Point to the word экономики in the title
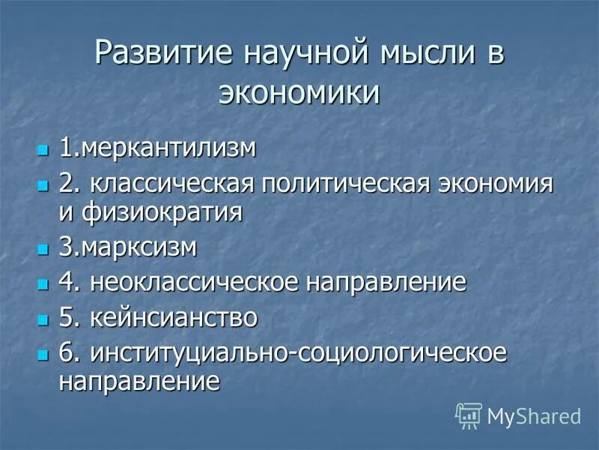[299, 93]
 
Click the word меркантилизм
[168, 147]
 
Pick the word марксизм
[139, 247]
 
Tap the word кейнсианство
[173, 317]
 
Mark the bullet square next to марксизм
[43, 249]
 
